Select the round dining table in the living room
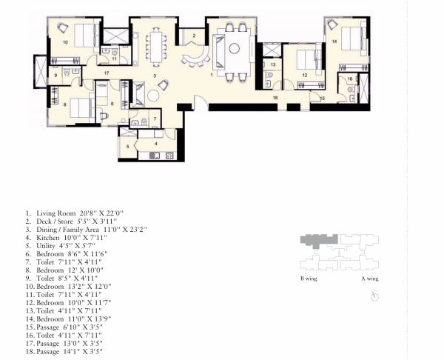[x=234, y=50]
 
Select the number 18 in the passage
[x=275, y=98]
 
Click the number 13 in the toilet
[x=272, y=65]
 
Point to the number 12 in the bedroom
[x=304, y=76]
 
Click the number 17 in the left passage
[x=107, y=73]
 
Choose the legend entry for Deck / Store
[x=67, y=221]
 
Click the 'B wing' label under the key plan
[x=309, y=279]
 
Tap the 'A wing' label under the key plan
[x=369, y=279]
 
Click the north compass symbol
[x=375, y=296]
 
